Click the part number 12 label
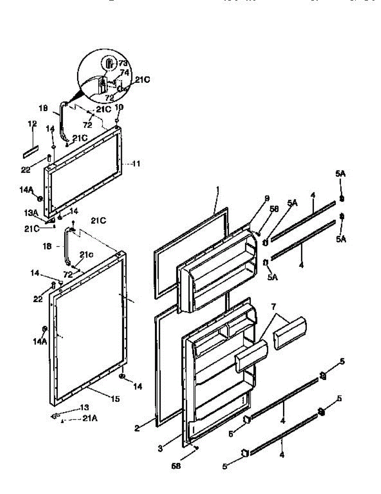pyautogui.click(x=33, y=124)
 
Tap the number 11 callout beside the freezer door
pyautogui.click(x=136, y=163)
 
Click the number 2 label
pyautogui.click(x=137, y=428)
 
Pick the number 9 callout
pyautogui.click(x=266, y=198)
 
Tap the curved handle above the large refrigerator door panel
pyautogui.click(x=66, y=247)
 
